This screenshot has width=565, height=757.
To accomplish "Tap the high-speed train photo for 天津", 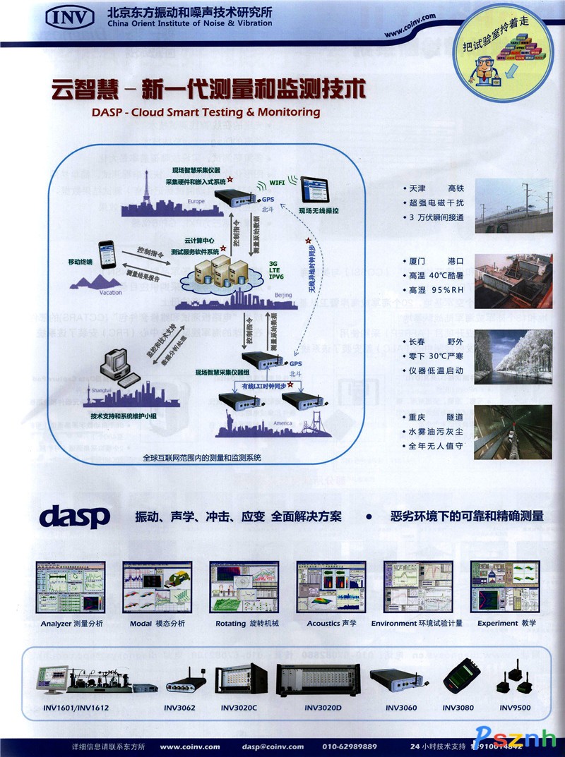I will (513, 205).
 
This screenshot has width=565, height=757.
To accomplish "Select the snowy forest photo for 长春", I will (513, 356).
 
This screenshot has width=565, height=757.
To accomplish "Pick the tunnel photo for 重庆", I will (513, 432).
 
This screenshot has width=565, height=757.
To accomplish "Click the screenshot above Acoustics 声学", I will (331, 586).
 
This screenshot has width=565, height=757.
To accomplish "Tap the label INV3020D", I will (323, 708).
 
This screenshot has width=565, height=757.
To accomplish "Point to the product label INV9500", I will (516, 707).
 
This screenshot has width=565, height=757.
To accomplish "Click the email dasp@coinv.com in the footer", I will (273, 746).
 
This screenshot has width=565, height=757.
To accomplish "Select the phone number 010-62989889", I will (350, 746).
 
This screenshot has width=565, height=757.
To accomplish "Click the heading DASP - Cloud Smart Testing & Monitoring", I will (206, 112).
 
